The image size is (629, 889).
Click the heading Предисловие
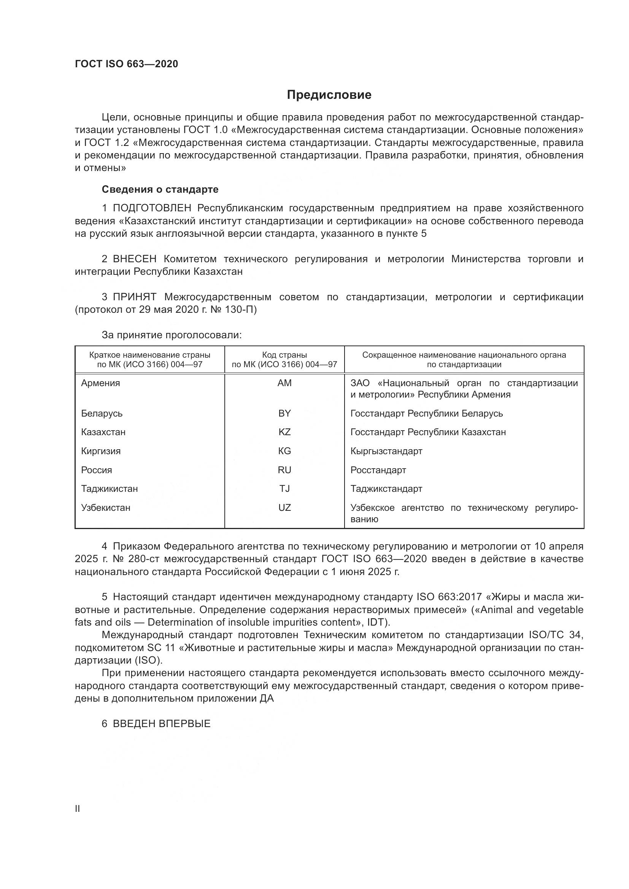329,95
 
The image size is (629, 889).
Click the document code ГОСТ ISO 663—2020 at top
126,64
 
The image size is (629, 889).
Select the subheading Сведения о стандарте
160,189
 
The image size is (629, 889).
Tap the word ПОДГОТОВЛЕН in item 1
152,208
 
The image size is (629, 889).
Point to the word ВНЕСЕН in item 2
135,259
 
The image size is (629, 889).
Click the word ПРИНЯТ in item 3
134,297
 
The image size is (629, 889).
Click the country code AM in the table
284,383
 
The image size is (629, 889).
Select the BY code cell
284,413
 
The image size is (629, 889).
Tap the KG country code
284,451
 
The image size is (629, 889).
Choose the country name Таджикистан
109,489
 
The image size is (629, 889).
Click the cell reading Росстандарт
378,470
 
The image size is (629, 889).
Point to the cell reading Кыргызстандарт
386,451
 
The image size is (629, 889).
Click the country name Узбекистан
105,508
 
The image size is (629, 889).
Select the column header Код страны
284,355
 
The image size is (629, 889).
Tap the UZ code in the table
284,508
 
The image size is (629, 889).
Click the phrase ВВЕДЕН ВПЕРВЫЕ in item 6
162,724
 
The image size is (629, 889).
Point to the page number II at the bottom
78,808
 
